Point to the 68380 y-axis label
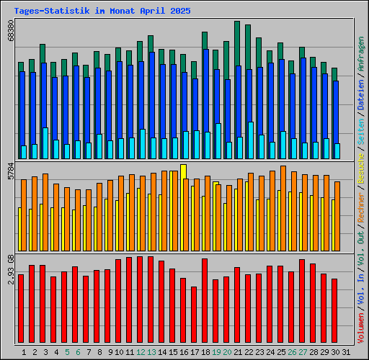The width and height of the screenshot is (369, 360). [11, 37]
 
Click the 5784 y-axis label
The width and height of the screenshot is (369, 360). [11, 172]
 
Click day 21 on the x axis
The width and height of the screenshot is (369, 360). [236, 352]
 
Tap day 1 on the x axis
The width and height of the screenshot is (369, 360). [25, 352]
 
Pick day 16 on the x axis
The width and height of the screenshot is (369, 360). [183, 352]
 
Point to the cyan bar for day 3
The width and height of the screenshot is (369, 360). [45, 143]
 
